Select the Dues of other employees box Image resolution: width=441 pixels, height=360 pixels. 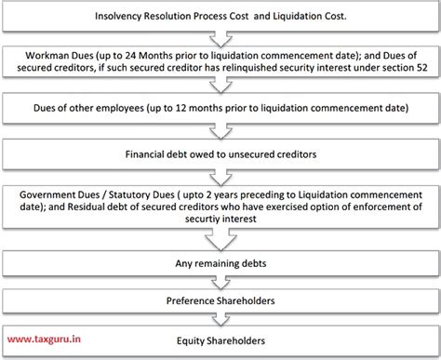(220, 109)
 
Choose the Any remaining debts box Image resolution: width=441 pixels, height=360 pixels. (220, 263)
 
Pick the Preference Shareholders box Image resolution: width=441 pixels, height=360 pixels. (220, 301)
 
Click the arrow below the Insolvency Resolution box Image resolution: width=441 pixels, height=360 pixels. (220, 37)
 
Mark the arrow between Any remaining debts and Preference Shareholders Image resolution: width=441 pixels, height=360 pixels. (220, 283)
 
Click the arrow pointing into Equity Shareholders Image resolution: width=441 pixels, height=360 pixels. (220, 321)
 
